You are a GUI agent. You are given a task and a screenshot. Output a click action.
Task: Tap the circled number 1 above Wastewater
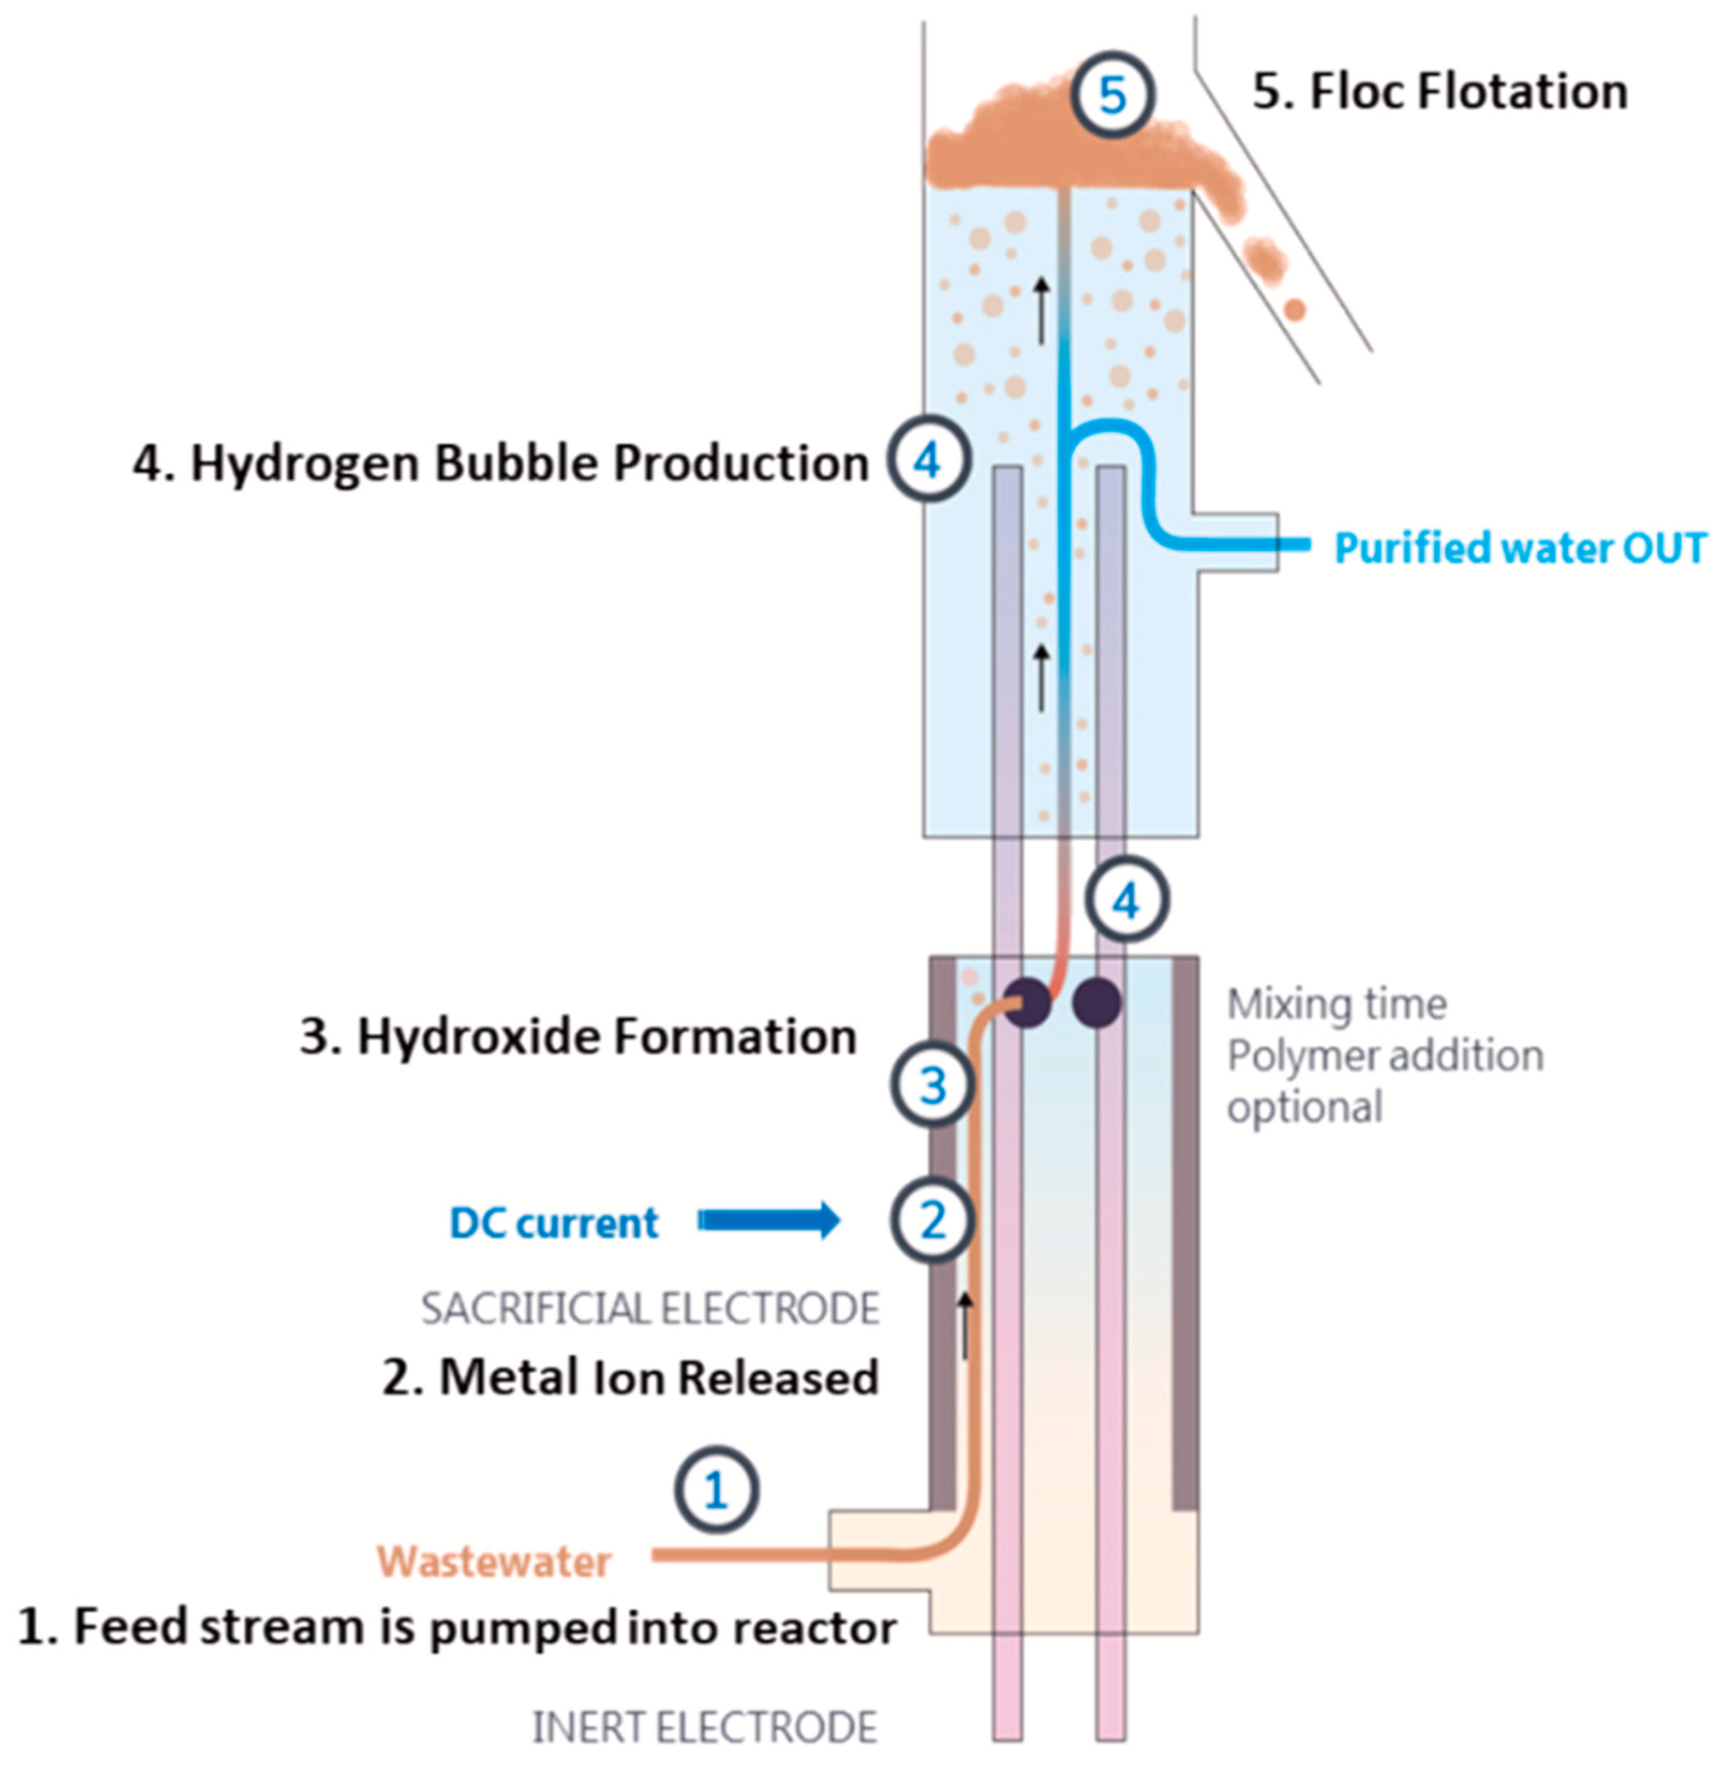(x=715, y=1490)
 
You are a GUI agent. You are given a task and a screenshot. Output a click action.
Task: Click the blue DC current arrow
(x=769, y=1221)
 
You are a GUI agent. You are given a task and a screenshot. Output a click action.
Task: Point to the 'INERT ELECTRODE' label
(x=704, y=1727)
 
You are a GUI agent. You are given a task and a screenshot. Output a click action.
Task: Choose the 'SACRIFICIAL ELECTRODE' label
(x=650, y=1309)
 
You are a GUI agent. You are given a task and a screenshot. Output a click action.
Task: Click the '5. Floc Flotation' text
(x=1440, y=92)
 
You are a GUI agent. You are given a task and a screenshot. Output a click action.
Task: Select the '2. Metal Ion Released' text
(x=630, y=1377)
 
